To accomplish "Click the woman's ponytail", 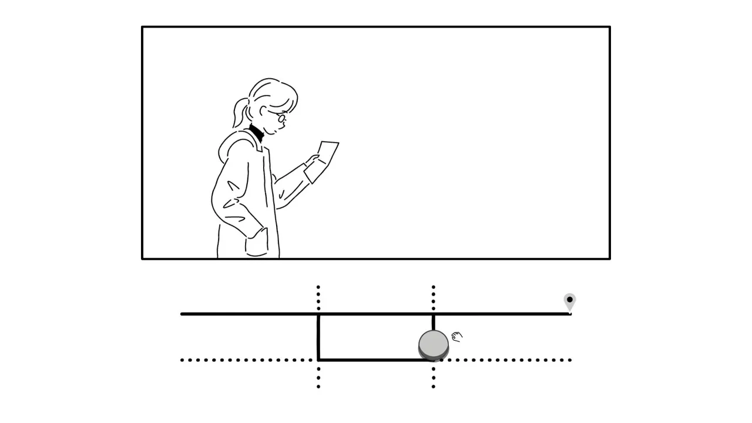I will [239, 112].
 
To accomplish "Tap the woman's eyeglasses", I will [281, 118].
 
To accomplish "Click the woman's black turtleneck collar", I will [257, 133].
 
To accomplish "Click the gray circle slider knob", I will [434, 345].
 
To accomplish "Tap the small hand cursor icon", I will [457, 337].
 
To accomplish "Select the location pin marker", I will [569, 301].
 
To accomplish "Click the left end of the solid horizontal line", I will [182, 314].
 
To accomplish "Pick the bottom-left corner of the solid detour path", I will [318, 359].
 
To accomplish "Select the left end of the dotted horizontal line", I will [183, 360].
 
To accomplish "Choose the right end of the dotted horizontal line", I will [569, 360].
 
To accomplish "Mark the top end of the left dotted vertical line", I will [318, 287].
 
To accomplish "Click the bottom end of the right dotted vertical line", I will [434, 386].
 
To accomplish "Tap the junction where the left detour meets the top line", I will [318, 314].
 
